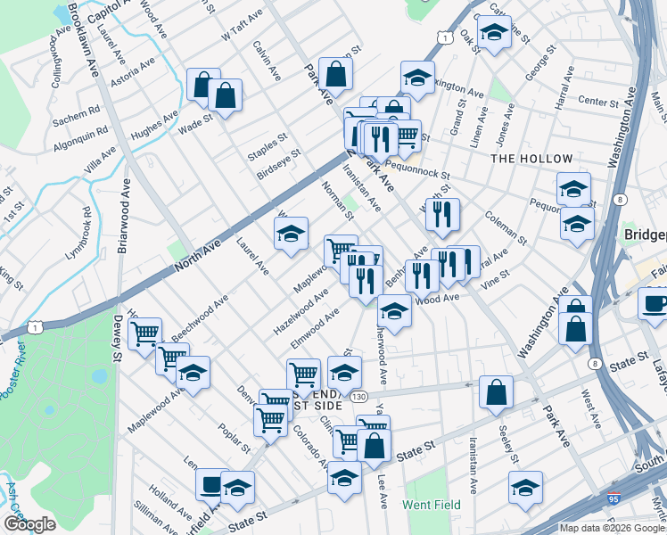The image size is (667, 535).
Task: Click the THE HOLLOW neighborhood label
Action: tap(531, 159)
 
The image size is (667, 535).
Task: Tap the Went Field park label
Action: tap(431, 505)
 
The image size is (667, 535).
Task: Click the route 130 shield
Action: tap(358, 396)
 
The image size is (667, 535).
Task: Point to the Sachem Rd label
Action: tap(76, 118)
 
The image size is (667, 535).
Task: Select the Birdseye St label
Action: tap(278, 160)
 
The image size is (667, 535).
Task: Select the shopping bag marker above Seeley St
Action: tap(496, 392)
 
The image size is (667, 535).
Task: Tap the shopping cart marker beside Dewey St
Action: tap(145, 335)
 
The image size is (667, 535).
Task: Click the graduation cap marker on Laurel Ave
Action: tap(290, 235)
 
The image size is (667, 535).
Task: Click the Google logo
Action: tap(29, 525)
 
